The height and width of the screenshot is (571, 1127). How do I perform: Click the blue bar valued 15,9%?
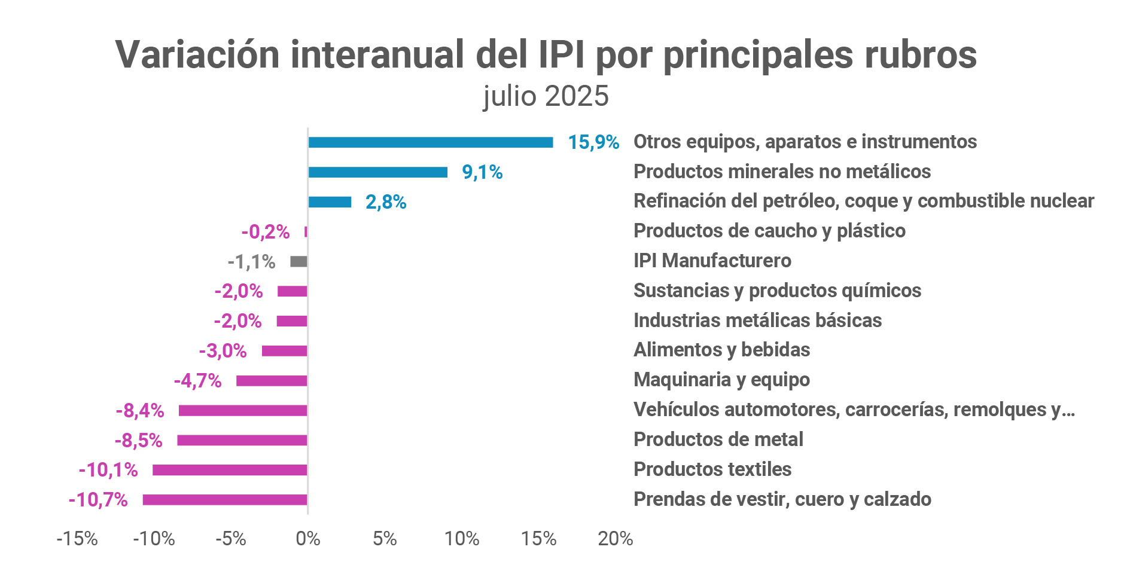[x=430, y=142]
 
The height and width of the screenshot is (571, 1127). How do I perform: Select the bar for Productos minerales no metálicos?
[x=377, y=172]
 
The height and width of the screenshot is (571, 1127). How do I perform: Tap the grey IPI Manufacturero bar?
[x=298, y=261]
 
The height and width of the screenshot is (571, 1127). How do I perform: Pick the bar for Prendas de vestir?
[x=225, y=500]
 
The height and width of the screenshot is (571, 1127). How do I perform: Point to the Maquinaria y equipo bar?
[x=272, y=380]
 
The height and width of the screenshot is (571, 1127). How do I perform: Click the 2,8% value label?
[x=386, y=202]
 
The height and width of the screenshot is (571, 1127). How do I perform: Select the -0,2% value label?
[x=266, y=231]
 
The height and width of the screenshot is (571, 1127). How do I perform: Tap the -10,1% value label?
[x=108, y=470]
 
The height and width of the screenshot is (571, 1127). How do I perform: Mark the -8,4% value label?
[x=139, y=410]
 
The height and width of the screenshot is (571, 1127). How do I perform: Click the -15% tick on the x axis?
[x=77, y=539]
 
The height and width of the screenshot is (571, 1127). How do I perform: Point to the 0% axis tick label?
[x=308, y=539]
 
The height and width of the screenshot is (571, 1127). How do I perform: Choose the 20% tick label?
[x=616, y=539]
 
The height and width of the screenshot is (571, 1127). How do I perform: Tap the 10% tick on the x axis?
[x=462, y=539]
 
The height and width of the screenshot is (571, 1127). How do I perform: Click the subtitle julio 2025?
[x=546, y=96]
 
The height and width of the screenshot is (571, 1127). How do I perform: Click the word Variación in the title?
[x=197, y=55]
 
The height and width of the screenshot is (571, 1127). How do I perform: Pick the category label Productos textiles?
[x=712, y=469]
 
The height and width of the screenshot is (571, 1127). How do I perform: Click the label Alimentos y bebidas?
[x=721, y=350]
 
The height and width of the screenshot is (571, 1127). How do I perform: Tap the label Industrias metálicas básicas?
[x=757, y=320]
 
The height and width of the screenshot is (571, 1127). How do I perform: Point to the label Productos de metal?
[x=718, y=439]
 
